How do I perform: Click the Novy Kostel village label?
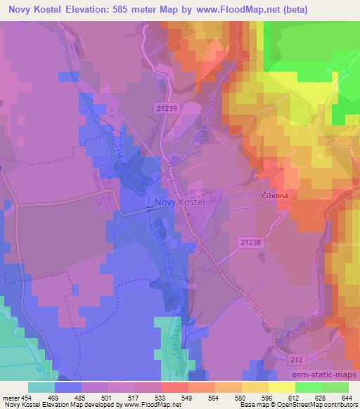pyautogui.click(x=179, y=202)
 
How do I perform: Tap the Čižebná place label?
pyautogui.click(x=268, y=197)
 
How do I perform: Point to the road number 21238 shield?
pyautogui.click(x=250, y=241)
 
